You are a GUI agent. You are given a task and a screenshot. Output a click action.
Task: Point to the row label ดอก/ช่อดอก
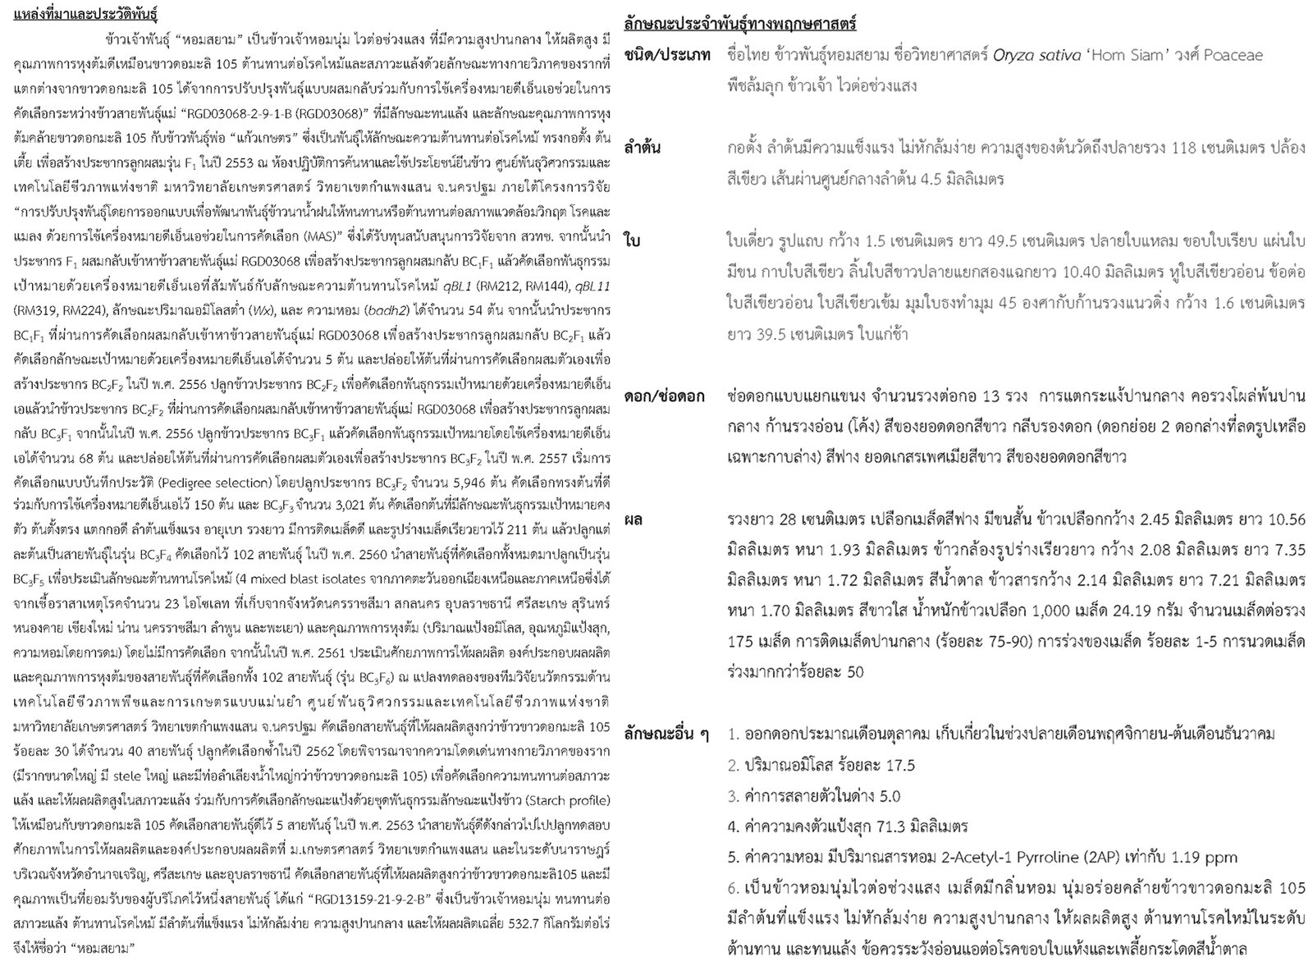664,396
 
